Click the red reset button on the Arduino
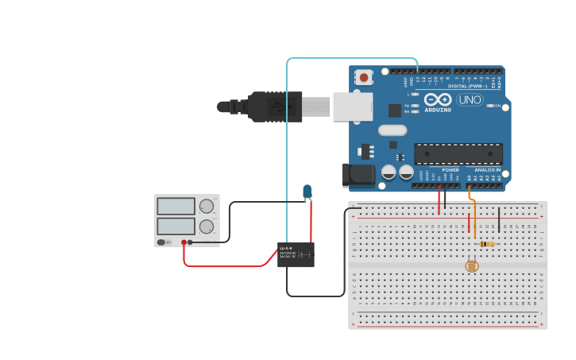pos(364,77)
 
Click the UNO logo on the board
pos(470,100)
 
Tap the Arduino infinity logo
pos(438,99)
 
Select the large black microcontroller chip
pos(458,153)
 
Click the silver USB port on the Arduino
pos(352,106)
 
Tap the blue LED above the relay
pos(307,191)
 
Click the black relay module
pos(296,254)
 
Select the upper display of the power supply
pos(176,206)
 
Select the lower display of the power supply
pos(176,226)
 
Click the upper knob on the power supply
pos(207,206)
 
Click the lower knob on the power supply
pos(207,226)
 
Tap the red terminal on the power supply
pos(184,242)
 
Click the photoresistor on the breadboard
pos(472,266)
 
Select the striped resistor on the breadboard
pos(487,244)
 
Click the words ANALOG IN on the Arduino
pos(488,170)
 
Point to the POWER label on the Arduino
pos(450,170)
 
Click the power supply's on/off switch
pos(161,242)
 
